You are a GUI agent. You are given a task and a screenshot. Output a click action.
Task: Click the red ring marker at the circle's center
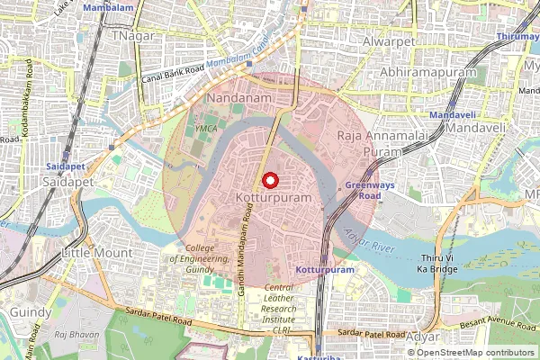(x=269, y=179)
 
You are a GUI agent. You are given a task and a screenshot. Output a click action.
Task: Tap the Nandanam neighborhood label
(x=235, y=96)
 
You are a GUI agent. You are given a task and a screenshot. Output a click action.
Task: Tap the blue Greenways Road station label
(x=364, y=190)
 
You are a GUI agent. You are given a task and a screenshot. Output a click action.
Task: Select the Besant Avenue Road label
(x=497, y=320)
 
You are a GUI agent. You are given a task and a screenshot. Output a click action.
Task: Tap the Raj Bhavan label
(x=73, y=334)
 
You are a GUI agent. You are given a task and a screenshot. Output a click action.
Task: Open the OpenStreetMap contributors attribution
(x=475, y=352)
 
